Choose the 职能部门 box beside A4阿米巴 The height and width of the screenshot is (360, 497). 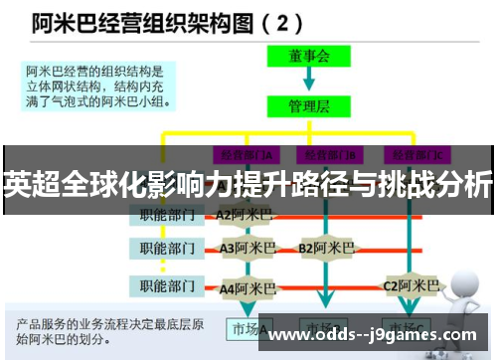[x=167, y=288]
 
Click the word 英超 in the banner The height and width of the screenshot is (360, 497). [x=31, y=185]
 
